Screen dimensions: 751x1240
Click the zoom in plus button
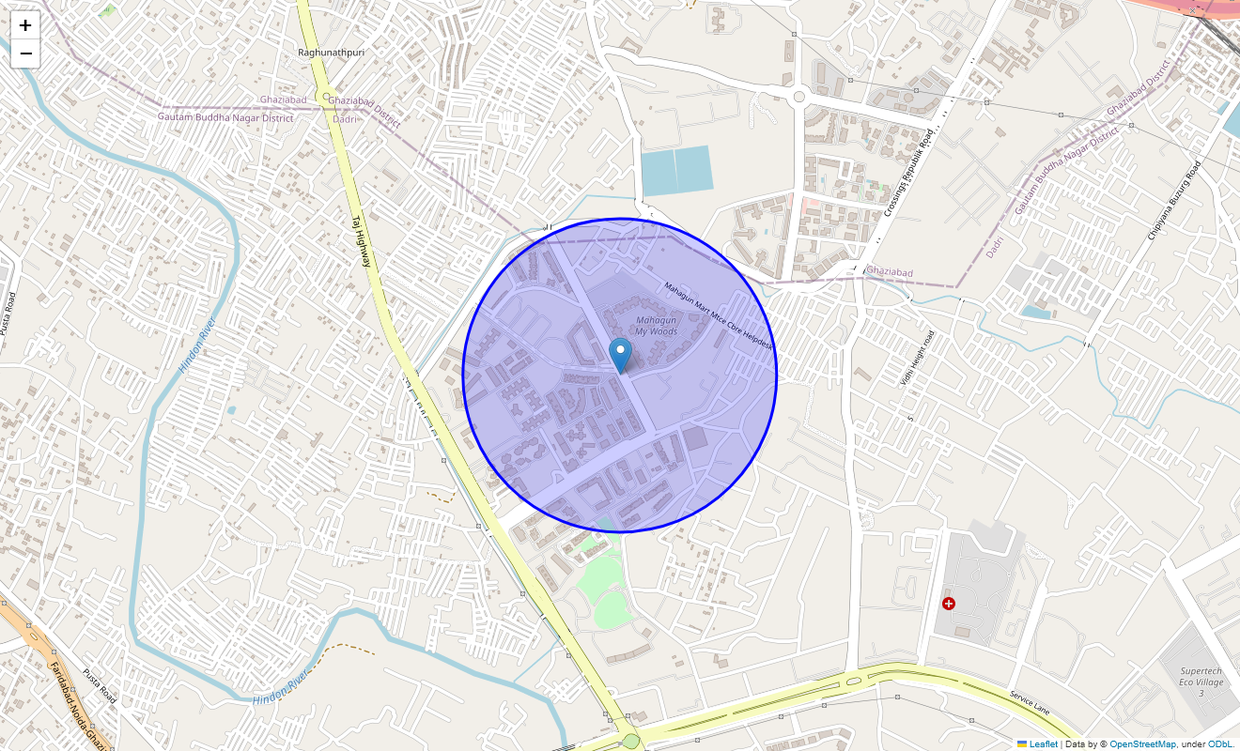pyautogui.click(x=25, y=25)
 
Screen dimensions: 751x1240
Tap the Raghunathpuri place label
pyautogui.click(x=331, y=53)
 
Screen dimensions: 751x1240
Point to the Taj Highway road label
pyautogui.click(x=362, y=242)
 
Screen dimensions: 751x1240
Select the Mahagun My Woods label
pyautogui.click(x=656, y=326)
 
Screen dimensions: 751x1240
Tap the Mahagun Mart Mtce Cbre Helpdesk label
pyautogui.click(x=718, y=315)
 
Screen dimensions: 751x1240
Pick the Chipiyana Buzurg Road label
pyautogui.click(x=1174, y=200)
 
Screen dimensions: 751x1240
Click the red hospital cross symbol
pyautogui.click(x=949, y=604)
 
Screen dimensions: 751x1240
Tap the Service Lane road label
pyautogui.click(x=1034, y=702)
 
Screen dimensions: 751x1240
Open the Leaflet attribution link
pyautogui.click(x=1043, y=744)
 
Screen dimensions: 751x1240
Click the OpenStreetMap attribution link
pyautogui.click(x=1142, y=744)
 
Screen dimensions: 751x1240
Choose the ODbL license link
pyautogui.click(x=1220, y=744)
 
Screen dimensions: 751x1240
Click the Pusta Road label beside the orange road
pyautogui.click(x=98, y=686)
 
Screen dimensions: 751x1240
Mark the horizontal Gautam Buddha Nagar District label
pyautogui.click(x=225, y=117)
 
